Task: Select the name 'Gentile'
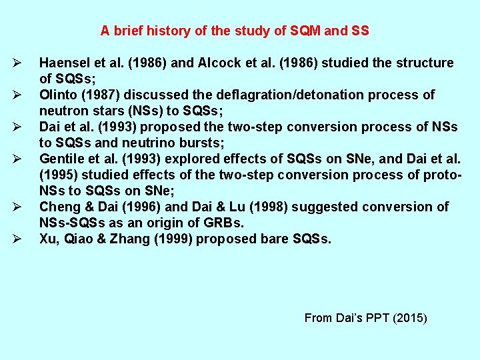click(61, 159)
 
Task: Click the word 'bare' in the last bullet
click(268, 239)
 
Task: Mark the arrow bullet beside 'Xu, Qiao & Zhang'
click(17, 239)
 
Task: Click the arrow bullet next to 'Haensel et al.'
click(17, 63)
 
